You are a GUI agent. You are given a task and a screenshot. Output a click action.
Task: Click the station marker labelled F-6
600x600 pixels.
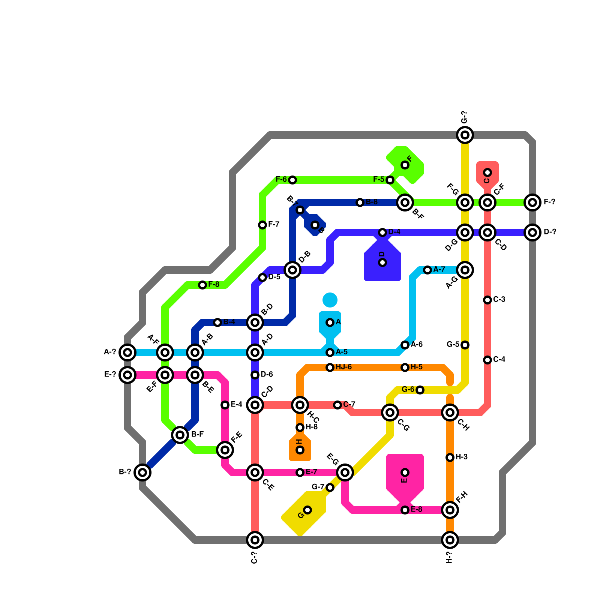point(292,180)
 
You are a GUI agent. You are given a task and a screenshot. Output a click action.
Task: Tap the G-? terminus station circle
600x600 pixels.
point(465,135)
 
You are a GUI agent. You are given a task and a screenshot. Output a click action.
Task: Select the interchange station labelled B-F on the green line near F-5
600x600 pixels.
point(405,202)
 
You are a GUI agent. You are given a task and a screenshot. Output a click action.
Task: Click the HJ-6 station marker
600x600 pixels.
point(330,367)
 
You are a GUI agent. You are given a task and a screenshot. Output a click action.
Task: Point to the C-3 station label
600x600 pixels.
point(499,300)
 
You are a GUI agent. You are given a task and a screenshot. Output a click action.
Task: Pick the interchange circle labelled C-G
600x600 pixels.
point(390,412)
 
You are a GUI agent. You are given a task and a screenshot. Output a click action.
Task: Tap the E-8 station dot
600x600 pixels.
point(405,510)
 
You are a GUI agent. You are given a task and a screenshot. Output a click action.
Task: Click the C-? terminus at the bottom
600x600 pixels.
point(255,540)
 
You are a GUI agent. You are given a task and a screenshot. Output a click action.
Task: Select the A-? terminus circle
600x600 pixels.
point(127,352)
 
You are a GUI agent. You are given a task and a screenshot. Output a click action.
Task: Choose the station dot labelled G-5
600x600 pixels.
point(465,345)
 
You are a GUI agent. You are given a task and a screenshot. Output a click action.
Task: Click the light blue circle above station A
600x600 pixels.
point(330,300)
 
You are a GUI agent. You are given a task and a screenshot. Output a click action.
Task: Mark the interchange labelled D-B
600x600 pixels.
point(292,270)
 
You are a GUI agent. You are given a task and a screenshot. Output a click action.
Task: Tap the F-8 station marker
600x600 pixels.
point(202,285)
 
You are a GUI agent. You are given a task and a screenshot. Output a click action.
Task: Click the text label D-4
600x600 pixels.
point(394,232)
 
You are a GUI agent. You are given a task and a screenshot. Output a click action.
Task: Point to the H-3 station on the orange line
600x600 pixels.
point(450,457)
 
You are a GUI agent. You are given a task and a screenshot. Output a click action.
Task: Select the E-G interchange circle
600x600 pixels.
point(345,472)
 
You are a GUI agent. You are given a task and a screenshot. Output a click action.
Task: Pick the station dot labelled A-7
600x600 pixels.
point(427,270)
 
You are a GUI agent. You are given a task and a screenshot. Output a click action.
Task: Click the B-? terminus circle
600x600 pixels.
point(142,472)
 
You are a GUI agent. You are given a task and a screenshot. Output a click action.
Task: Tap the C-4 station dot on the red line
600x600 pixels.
point(487,360)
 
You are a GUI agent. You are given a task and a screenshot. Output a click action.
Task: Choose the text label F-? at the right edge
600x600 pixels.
point(549,202)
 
